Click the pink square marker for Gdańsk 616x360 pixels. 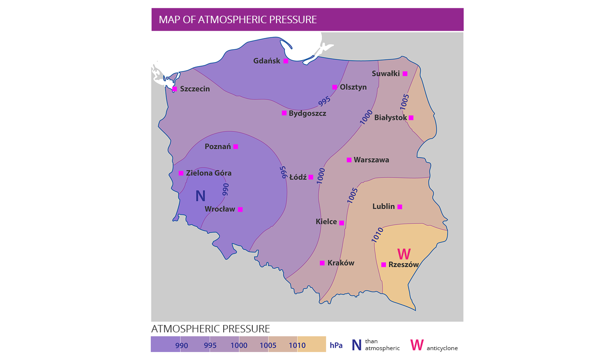point(286,61)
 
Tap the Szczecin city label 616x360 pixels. point(195,89)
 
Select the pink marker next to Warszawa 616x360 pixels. point(349,160)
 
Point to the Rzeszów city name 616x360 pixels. point(404,264)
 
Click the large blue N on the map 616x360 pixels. point(200,196)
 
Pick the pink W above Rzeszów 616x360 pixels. point(404,254)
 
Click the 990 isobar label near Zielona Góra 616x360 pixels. point(226,189)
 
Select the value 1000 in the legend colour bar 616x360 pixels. point(239,345)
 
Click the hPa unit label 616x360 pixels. point(336,345)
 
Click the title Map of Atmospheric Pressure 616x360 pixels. point(238,20)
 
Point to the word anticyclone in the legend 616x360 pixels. point(442,348)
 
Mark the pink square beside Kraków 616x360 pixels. point(322,263)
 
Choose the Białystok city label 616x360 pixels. point(390,117)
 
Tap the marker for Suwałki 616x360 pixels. point(405,73)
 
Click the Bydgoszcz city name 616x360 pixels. point(308,113)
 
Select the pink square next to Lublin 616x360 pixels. point(400,207)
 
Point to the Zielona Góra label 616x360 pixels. point(208,173)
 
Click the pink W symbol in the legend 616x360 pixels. point(417,345)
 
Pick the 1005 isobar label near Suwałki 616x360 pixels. point(405,102)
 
